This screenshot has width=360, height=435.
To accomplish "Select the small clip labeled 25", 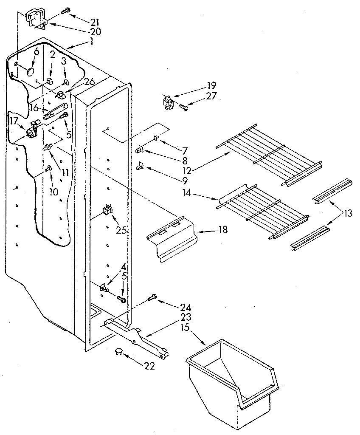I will point(107,210).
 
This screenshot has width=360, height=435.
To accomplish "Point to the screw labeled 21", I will point(65,11).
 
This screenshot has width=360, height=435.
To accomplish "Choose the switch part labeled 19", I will point(169,103).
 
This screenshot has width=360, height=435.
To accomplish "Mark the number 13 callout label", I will point(349,214).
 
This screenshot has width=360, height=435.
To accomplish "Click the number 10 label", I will point(53,192).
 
